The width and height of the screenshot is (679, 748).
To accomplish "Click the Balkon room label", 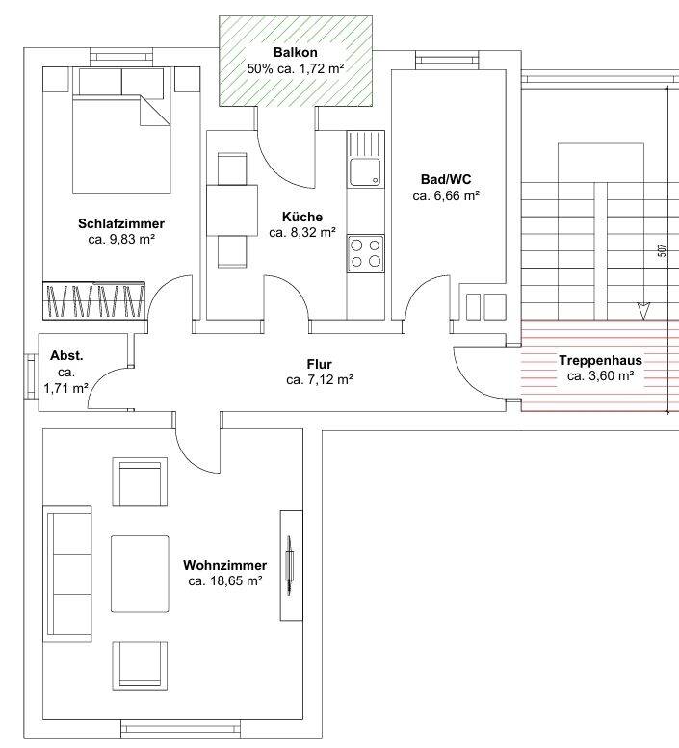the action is [x=296, y=52].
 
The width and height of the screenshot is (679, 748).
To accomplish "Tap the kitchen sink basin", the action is [x=365, y=172].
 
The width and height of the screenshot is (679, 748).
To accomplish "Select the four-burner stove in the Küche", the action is [x=366, y=253].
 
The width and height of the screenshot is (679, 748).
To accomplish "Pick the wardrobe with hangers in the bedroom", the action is [x=94, y=300].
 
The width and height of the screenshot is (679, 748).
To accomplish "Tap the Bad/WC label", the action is [x=446, y=179].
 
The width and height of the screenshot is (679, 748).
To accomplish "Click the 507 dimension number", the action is [x=662, y=250].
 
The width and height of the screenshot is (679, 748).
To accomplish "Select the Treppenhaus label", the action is [x=601, y=361].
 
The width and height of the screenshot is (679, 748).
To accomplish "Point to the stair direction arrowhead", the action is [x=643, y=311].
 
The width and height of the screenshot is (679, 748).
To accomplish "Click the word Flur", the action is [x=319, y=365].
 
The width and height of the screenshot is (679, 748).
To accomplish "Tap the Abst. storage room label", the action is [x=66, y=356].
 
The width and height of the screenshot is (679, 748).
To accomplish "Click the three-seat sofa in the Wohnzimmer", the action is [x=67, y=574].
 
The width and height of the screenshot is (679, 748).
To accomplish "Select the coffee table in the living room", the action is [x=140, y=574].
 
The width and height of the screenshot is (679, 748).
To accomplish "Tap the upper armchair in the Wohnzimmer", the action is [x=140, y=481].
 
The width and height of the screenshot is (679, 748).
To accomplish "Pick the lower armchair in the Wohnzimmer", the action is [x=140, y=666].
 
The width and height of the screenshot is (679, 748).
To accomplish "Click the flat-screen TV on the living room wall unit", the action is [x=289, y=566].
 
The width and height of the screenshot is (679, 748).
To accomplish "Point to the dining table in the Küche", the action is [x=232, y=211].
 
